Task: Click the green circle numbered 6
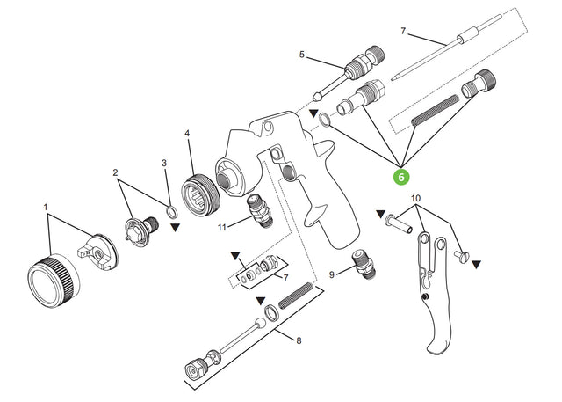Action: coord(400,177)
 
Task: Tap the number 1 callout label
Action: coord(47,208)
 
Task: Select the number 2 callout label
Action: coord(115,172)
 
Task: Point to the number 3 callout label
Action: coord(163,163)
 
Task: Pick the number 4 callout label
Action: coord(187,134)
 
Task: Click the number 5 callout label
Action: coord(302,55)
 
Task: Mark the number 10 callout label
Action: coord(415,198)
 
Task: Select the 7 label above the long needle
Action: coord(403,32)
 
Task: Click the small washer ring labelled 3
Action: coord(170,212)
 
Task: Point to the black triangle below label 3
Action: coord(177,228)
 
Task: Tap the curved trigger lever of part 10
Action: coord(439,325)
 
